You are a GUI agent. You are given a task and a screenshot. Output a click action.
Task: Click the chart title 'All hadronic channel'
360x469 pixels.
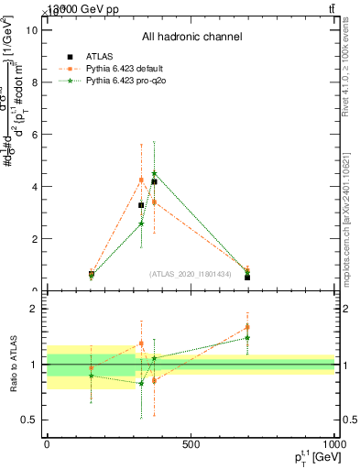191,38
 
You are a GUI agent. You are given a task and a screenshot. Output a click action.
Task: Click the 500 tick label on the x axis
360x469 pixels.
191,445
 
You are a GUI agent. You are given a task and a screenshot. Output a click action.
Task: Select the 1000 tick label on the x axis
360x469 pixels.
333,445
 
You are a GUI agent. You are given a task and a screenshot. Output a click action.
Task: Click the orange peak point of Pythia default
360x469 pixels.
141,180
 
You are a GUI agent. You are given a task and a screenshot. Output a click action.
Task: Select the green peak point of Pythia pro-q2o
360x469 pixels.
154,173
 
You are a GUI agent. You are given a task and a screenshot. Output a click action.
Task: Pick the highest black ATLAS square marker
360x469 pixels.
154,181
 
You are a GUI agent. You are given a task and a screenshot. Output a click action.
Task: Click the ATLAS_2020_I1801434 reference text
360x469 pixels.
191,274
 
